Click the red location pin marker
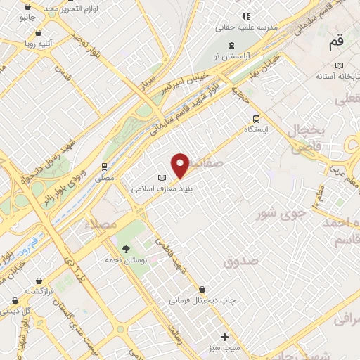(181, 165)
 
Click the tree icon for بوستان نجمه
(126, 249)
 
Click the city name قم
(335, 43)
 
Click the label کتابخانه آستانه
(334, 75)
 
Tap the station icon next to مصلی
(105, 167)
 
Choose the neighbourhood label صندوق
(241, 261)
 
